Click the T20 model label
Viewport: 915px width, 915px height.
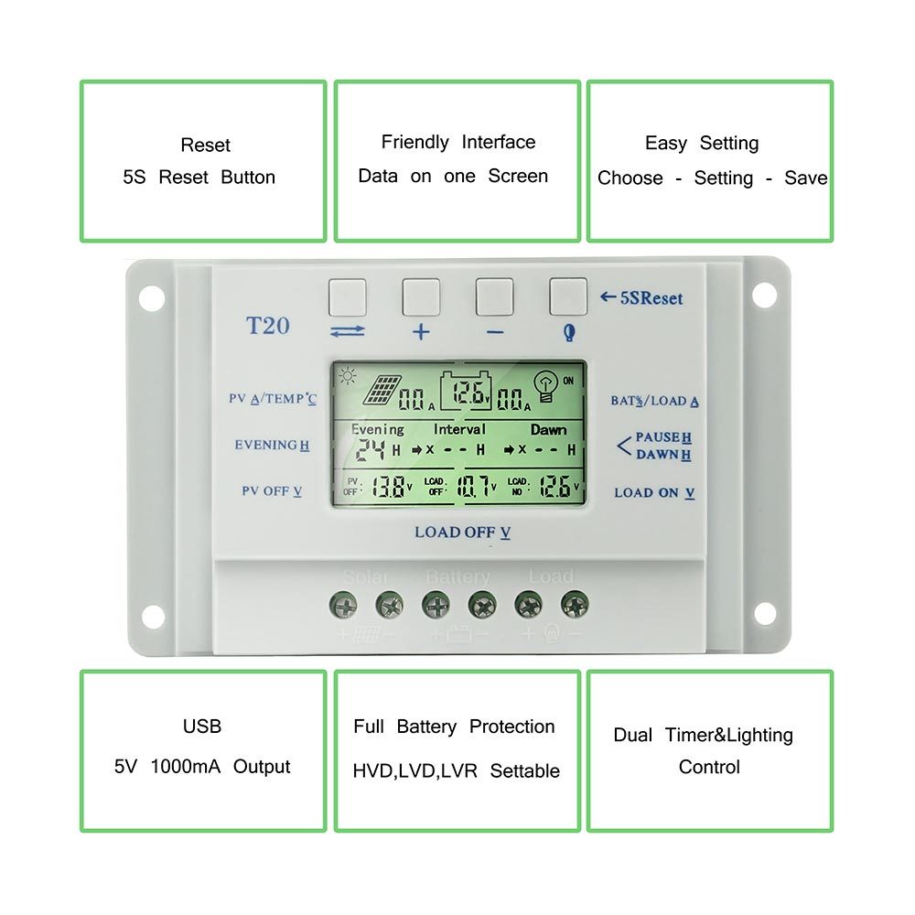[267, 325]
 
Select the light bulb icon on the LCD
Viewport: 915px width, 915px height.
[545, 387]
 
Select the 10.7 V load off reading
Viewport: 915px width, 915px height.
[474, 487]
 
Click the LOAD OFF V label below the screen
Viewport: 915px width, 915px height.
[462, 533]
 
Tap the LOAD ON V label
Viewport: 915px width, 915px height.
[654, 492]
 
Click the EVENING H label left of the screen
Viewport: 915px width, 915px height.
[272, 446]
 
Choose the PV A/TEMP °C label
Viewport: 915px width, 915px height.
[272, 399]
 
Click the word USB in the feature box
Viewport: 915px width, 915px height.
[202, 727]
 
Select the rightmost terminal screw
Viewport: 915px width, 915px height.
[575, 604]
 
